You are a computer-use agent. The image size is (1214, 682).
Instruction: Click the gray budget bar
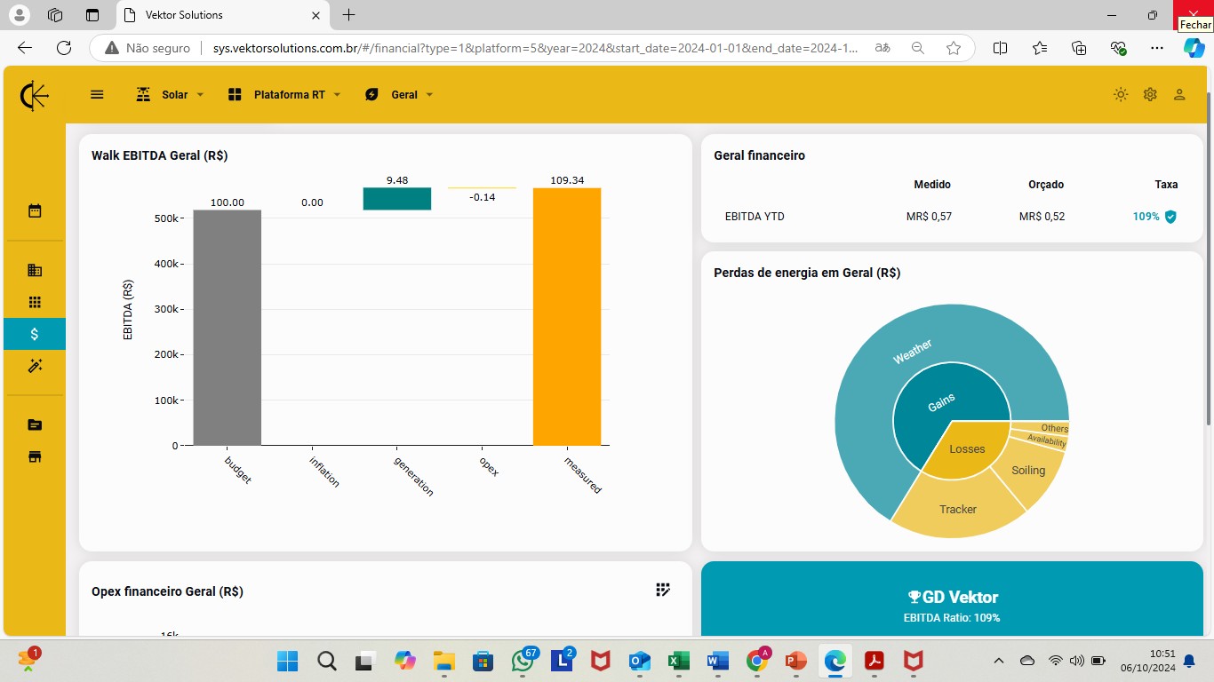[228, 328]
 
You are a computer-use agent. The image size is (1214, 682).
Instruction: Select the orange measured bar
[567, 317]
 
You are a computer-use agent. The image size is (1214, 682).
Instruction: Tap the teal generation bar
[396, 199]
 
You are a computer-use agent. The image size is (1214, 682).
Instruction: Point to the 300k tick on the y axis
[169, 309]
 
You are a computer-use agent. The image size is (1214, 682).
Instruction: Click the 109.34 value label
[567, 180]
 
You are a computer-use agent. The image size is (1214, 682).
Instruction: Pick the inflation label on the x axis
[324, 472]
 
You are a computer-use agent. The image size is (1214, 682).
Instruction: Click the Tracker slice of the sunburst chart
[958, 506]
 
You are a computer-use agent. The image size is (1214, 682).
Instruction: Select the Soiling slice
[1028, 470]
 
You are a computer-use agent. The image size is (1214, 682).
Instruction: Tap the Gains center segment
[941, 402]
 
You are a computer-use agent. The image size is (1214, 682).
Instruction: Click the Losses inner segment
[967, 449]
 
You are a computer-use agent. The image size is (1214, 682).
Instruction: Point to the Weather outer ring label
[912, 352]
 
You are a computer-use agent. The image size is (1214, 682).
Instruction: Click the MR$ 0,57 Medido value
[929, 217]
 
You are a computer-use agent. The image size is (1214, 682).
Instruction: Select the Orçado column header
[1046, 185]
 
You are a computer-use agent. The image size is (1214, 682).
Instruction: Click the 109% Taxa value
[1146, 217]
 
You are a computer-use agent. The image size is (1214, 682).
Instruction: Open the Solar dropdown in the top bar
[170, 95]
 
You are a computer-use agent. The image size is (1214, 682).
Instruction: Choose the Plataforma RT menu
[284, 95]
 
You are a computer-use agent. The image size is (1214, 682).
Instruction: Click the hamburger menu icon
[97, 95]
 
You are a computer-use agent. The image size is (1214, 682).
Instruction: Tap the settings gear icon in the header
[1150, 95]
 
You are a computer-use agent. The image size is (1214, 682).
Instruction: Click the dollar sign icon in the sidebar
[35, 334]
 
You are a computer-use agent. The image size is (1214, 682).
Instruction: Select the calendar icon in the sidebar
[35, 210]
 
